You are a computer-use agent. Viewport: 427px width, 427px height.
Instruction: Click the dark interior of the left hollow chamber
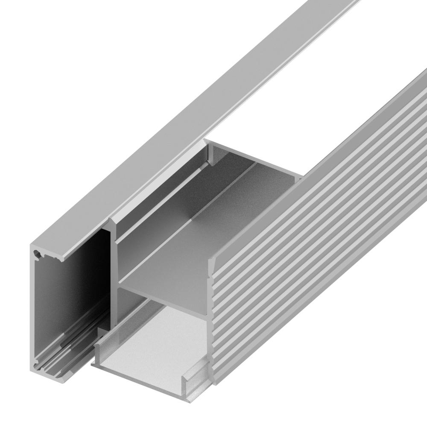(73, 290)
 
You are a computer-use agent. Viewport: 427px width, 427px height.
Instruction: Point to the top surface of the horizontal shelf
(205, 239)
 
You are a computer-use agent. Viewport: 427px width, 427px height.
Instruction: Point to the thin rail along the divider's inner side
(162, 201)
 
